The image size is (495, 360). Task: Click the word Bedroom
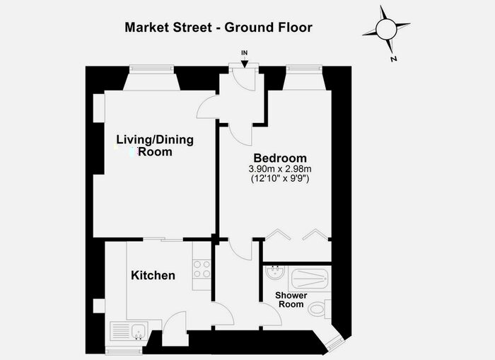[x=280, y=158]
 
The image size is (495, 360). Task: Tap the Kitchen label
[x=153, y=275]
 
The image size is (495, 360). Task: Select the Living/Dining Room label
[x=155, y=146]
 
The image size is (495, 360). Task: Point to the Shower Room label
[x=291, y=300]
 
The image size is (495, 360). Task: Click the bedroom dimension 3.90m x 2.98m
[x=280, y=169]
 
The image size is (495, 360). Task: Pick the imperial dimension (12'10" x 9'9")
[x=280, y=178]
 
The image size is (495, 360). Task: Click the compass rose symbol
[x=386, y=30]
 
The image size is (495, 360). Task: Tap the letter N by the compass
[x=393, y=59]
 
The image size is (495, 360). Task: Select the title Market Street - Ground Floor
[x=219, y=28]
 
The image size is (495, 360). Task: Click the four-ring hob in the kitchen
[x=202, y=269]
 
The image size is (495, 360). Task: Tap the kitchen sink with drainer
[x=129, y=330]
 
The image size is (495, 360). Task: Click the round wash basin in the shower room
[x=275, y=272]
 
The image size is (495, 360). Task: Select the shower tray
[x=310, y=279]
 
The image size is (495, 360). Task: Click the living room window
[x=151, y=69]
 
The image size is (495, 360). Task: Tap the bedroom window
[x=304, y=69]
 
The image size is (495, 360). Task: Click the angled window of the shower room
[x=335, y=343]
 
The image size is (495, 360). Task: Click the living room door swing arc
[x=206, y=107]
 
